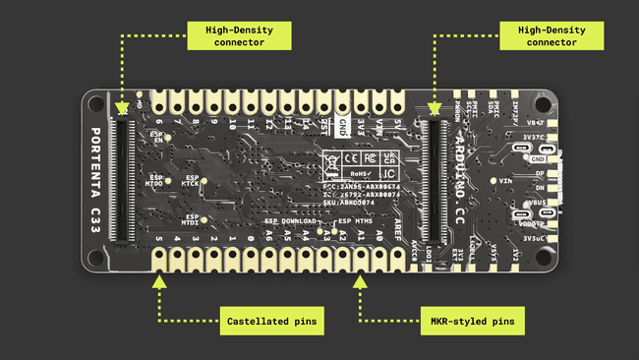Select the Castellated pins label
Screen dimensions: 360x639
click(256, 320)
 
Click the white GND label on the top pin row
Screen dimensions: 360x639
click(341, 127)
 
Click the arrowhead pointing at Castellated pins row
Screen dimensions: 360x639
click(156, 280)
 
